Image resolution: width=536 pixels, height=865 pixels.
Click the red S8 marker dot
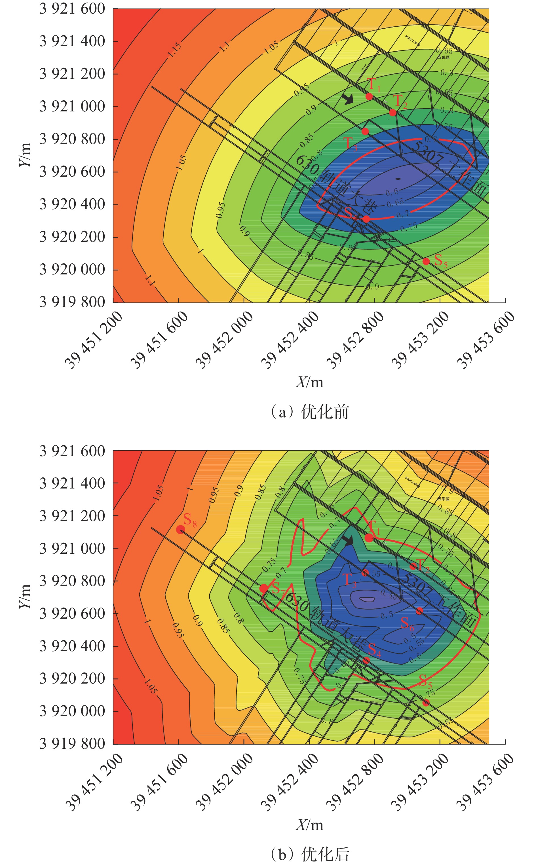coord(180,529)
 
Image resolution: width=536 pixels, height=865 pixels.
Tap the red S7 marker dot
coord(264,588)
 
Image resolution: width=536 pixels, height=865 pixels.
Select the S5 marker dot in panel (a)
coord(426,261)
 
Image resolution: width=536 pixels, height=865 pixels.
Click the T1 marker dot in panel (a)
coord(369,96)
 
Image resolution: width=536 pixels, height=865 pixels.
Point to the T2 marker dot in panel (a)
coord(392,113)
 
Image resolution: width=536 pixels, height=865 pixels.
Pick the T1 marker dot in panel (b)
coord(369,538)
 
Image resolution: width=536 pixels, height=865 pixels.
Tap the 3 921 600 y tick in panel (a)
coord(72,9)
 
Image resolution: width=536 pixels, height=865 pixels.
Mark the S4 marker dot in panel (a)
coord(366,219)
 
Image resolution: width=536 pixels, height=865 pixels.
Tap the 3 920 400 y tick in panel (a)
coord(72,204)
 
